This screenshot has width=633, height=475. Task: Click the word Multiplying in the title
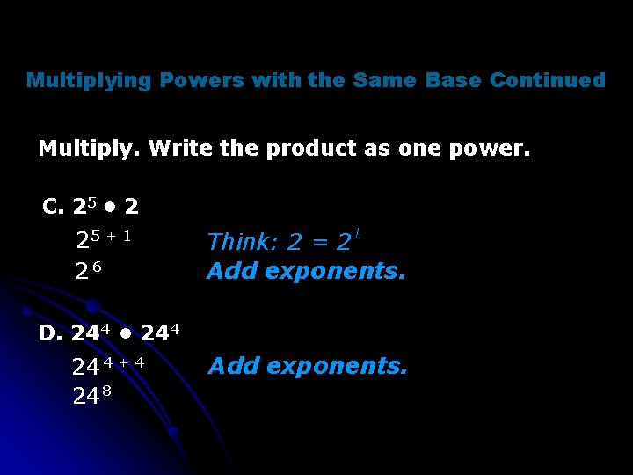(89, 81)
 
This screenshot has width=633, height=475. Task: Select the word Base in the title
(453, 81)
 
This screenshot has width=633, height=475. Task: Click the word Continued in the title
(548, 81)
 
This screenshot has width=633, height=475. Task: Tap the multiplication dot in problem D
(127, 334)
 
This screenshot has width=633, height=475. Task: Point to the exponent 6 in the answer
(98, 266)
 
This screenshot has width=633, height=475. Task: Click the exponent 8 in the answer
(105, 391)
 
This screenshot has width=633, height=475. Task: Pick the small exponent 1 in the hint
(358, 233)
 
